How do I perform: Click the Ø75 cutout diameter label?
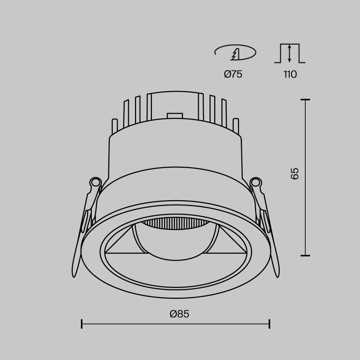233,75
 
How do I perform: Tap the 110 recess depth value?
290,75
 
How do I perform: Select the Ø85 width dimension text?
179,314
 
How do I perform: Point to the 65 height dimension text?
295,174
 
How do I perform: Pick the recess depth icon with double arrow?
289,53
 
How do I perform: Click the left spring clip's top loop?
95,182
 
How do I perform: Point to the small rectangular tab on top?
175,116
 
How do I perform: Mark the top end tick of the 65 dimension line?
305,99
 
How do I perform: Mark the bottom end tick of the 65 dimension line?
305,255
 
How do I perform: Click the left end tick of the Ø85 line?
82,324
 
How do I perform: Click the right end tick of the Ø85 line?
269,324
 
